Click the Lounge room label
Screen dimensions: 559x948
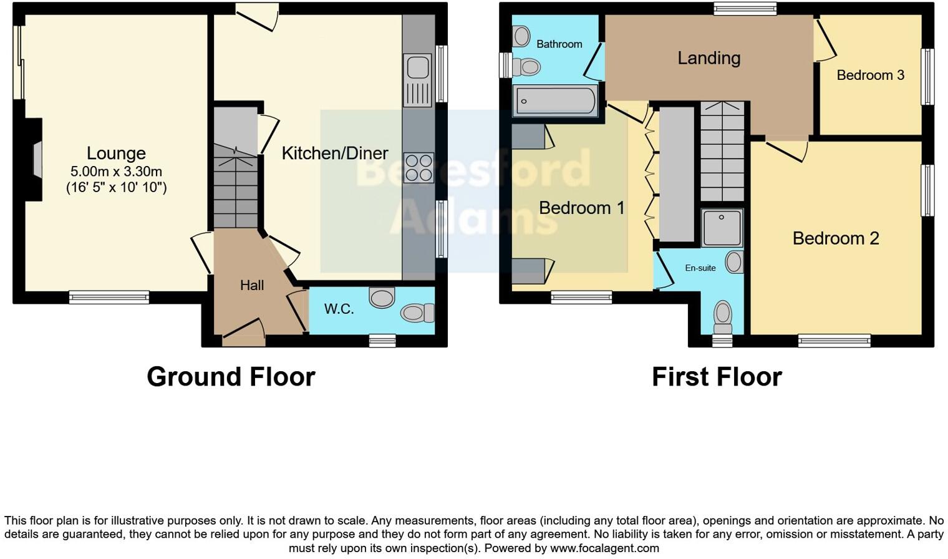pos(116,153)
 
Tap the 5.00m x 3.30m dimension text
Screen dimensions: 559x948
pos(116,172)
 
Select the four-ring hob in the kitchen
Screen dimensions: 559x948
pos(418,167)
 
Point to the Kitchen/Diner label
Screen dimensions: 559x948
pos(335,153)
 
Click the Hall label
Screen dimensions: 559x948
pos(252,286)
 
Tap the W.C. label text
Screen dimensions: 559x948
pos(339,309)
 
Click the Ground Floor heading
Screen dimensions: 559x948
pos(231,377)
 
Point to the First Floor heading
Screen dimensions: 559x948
pos(717,377)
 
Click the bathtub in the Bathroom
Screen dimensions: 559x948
pos(555,100)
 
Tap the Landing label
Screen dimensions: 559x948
pos(709,58)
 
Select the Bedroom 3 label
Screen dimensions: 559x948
pos(870,75)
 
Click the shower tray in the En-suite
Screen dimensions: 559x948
pos(722,228)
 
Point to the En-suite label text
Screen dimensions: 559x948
pos(700,268)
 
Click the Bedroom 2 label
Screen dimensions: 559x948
pos(836,238)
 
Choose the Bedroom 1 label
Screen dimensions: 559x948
pos(581,208)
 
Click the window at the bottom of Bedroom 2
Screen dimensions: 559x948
pos(834,341)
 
